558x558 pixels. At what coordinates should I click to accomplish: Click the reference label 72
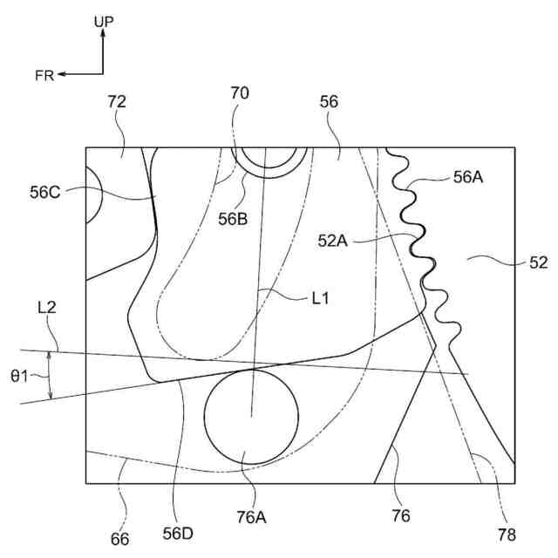pos(117,101)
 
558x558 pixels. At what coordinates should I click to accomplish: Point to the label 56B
pos(233,220)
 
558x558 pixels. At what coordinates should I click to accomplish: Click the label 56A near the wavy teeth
pos(469,177)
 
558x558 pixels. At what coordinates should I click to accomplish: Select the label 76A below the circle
pos(248,517)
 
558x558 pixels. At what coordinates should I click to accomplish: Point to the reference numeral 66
pos(120,539)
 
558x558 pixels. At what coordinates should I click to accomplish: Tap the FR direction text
pos(44,76)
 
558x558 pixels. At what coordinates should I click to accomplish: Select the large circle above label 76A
pos(250,415)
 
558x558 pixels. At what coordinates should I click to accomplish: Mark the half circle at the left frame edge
pos(92,199)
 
